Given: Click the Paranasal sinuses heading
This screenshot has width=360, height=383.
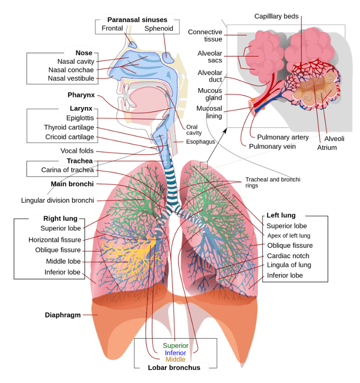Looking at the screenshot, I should tap(137, 19).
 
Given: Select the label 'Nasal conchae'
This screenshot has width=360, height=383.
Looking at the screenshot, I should tap(71, 70).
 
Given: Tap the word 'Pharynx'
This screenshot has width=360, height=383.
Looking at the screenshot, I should tap(81, 95).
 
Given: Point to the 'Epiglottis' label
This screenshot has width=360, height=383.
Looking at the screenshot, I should tap(80, 118).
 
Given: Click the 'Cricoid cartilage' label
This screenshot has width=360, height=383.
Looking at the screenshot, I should tap(70, 137).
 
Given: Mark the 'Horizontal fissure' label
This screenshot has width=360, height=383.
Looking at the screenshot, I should tap(55, 240).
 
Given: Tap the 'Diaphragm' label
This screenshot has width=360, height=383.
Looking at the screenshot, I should tap(63, 315).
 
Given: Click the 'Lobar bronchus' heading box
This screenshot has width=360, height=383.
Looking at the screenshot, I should tap(170, 368).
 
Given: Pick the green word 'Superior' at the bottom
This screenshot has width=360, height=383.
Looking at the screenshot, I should tap(176, 346).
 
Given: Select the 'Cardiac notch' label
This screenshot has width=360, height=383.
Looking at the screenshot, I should tap(288, 255).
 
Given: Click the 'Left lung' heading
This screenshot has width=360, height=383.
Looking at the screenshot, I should tap(285, 215).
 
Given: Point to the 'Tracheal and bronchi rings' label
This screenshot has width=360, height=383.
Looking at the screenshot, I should tap(272, 182).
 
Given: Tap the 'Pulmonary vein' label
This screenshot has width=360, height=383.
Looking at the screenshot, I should tap(272, 146).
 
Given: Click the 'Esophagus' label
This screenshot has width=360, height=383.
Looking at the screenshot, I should tap(201, 142).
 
